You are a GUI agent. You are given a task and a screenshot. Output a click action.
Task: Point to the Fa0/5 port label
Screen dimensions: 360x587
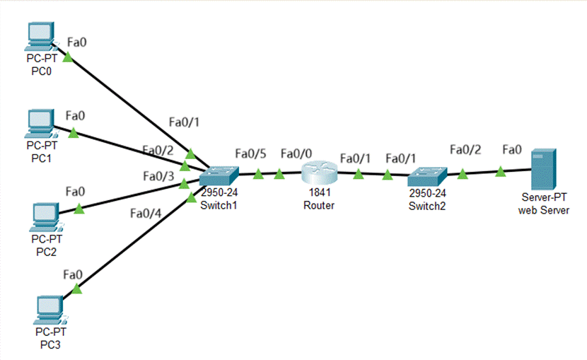[x=250, y=153]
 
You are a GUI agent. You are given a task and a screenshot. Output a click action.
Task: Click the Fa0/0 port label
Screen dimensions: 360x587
[x=296, y=153]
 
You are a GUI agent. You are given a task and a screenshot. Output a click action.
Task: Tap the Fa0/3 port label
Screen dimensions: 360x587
[x=158, y=176]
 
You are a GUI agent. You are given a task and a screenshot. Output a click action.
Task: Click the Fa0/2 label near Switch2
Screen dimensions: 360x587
[x=465, y=149]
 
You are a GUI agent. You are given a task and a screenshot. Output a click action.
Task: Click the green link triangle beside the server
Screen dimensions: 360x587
[x=500, y=171]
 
